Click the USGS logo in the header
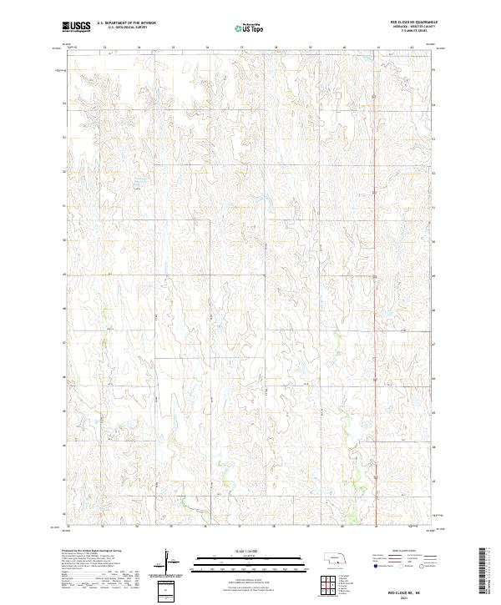(76, 27)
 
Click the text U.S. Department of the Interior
(126, 23)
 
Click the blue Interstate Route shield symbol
(368, 565)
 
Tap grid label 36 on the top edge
(206, 48)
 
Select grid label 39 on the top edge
(310, 48)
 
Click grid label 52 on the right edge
(433, 172)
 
